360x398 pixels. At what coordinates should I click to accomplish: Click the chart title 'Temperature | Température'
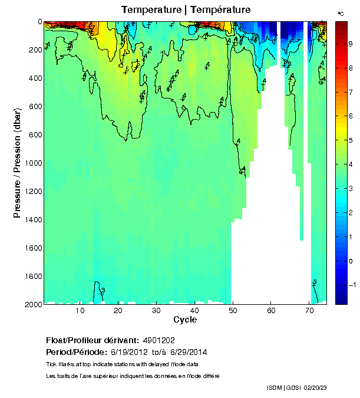pyautogui.click(x=186, y=10)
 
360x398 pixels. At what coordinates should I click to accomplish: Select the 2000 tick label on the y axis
pyautogui.click(x=33, y=304)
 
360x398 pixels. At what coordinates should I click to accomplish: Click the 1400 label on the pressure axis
pyautogui.click(x=33, y=219)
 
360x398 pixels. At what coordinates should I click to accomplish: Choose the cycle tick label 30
pyautogui.click(x=156, y=311)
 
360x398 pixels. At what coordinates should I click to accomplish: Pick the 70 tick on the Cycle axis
pyautogui.click(x=309, y=311)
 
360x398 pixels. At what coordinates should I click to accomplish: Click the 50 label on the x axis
pyautogui.click(x=233, y=311)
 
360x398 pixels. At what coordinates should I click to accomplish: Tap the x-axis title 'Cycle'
pyautogui.click(x=185, y=320)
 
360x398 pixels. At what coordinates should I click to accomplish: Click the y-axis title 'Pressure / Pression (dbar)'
pyautogui.click(x=17, y=163)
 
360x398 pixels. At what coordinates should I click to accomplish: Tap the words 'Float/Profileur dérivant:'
pyautogui.click(x=91, y=340)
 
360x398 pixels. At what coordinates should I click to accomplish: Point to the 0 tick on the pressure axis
pyautogui.click(x=39, y=22)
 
